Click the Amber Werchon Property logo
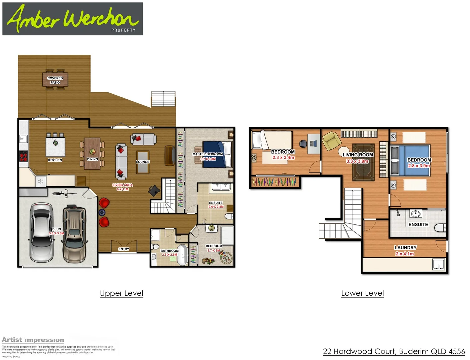(x=72, y=19)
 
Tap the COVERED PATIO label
(x=55, y=80)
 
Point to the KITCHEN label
(x=55, y=160)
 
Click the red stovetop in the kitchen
(x=23, y=156)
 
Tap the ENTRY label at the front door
(x=124, y=249)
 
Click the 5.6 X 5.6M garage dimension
(x=56, y=233)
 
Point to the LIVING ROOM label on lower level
(x=358, y=155)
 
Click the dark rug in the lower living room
(x=363, y=162)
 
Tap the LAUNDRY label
(x=405, y=248)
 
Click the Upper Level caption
(x=121, y=293)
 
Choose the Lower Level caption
(x=362, y=293)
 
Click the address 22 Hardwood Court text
(x=394, y=351)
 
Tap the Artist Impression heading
(x=33, y=340)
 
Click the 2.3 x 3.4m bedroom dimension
(x=283, y=157)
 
